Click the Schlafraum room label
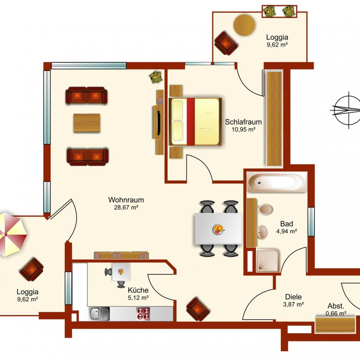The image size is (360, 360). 243,122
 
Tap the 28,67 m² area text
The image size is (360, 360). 126,207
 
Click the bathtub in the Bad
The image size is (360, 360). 277,182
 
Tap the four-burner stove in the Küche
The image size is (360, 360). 143,314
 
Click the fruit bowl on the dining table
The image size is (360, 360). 218,229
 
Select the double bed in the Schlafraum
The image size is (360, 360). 195,122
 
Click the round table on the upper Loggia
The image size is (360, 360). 244,25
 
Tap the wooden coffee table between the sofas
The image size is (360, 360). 87,123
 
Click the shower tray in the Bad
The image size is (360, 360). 268,260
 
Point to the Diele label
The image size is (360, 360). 293,297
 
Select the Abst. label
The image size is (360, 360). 336,306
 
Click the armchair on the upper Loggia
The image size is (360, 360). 226,43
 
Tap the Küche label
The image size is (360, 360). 138,290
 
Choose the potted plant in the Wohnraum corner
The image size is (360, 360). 156,77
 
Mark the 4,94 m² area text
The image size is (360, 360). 286,231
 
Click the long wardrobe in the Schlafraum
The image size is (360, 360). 274,118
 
